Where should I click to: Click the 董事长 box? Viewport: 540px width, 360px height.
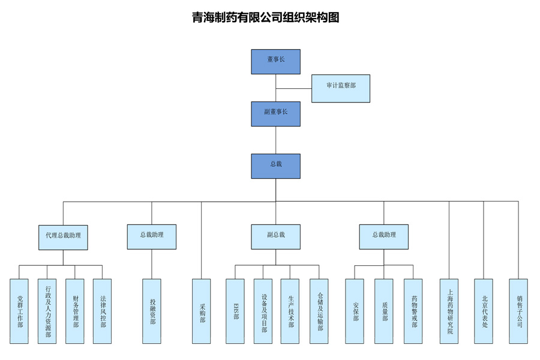point(275,62)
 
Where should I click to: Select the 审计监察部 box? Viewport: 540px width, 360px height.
point(341,88)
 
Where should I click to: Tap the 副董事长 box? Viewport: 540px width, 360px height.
point(275,114)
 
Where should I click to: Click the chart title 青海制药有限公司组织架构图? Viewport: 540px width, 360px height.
point(266,18)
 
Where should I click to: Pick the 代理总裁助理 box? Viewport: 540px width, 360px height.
point(63,237)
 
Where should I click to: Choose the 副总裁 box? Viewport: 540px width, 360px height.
point(275,237)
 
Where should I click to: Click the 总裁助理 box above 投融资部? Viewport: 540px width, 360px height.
point(152,237)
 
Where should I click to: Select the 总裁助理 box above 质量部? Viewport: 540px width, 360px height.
point(384,237)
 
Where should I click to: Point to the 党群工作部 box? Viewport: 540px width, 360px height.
point(19,311)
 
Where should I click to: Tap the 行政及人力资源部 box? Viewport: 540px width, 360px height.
point(47,311)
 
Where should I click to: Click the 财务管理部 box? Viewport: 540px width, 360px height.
point(75,311)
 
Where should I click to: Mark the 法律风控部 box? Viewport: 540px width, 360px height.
point(103,311)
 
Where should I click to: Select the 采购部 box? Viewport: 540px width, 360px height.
point(202,311)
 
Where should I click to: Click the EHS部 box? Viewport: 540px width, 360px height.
point(235,311)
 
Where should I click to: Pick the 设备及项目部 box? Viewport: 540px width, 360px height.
point(263,311)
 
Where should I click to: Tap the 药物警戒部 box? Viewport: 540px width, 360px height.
point(413,311)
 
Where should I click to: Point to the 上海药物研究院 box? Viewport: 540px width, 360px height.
point(449,311)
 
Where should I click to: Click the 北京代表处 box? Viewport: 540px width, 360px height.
point(484,311)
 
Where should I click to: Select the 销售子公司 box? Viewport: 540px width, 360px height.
point(518,311)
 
